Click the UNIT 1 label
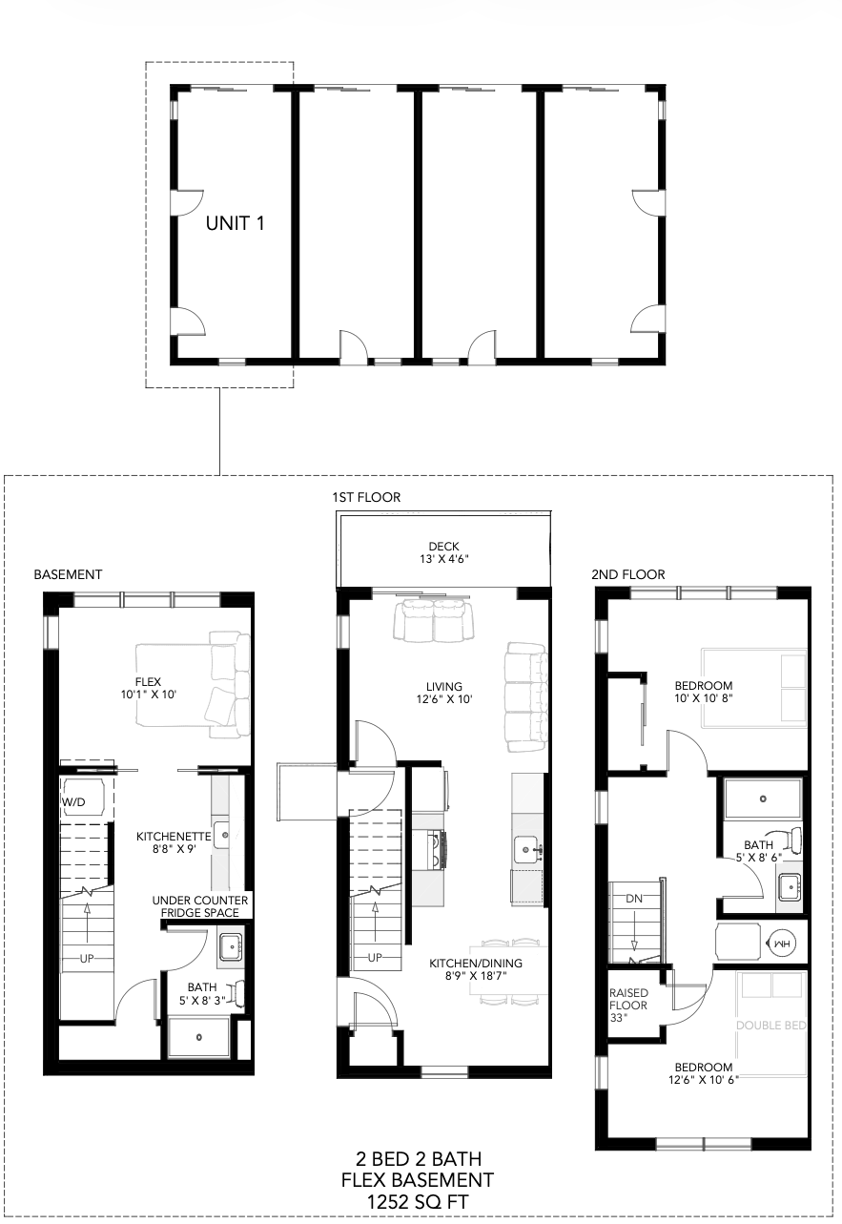click(235, 223)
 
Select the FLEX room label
click(148, 682)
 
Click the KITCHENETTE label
click(174, 837)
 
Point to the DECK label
click(444, 547)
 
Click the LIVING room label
click(444, 687)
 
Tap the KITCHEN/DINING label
click(476, 964)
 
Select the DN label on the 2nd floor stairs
click(634, 899)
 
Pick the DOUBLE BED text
click(771, 1026)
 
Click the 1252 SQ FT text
click(418, 1202)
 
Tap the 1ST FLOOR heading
click(366, 497)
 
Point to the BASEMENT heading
click(68, 574)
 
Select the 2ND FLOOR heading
click(628, 574)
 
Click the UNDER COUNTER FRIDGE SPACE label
click(200, 906)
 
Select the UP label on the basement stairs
click(87, 958)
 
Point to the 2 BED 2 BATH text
click(419, 1158)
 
